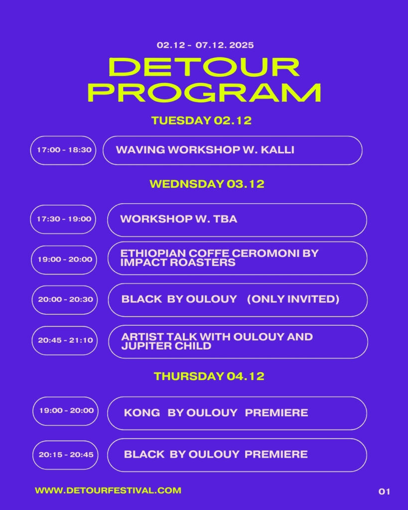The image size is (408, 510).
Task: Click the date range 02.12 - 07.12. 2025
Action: [x=205, y=45]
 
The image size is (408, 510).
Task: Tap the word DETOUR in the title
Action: [x=204, y=67]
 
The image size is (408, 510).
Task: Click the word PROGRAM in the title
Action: [x=204, y=93]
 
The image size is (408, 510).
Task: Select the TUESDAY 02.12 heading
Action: [x=201, y=121]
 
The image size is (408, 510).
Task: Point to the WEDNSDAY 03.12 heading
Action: [x=207, y=184]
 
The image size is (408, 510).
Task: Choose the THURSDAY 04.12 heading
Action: [x=209, y=376]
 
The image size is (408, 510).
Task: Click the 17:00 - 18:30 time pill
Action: [x=63, y=150]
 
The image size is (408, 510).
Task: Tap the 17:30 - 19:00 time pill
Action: [x=63, y=219]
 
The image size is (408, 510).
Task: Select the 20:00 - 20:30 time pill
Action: [x=65, y=299]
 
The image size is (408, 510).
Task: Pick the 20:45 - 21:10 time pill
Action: [x=65, y=341]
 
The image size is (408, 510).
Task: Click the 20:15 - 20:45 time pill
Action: [x=65, y=455]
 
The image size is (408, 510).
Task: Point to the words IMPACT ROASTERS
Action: [x=178, y=262]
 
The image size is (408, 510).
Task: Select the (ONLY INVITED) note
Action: [x=293, y=299]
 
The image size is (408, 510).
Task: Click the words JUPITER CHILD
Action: [x=166, y=346]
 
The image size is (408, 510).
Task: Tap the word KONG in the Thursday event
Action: [x=142, y=412]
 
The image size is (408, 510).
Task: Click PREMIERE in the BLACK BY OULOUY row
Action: [x=276, y=454]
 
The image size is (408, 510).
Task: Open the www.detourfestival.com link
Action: [x=108, y=491]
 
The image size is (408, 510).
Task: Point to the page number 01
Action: [x=384, y=492]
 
